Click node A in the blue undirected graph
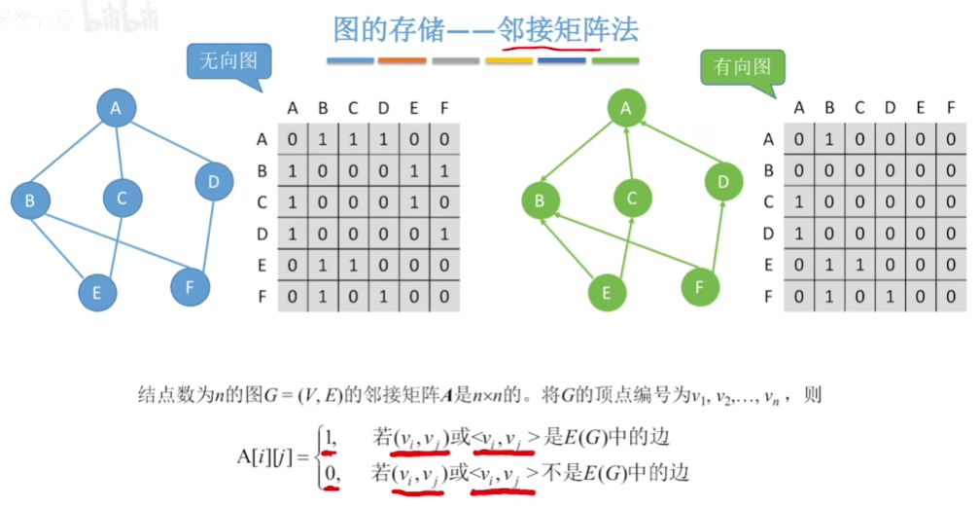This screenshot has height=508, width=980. [x=116, y=109]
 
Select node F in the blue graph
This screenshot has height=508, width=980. [x=190, y=286]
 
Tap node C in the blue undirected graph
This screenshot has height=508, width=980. [x=122, y=198]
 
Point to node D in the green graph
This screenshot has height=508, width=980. [x=723, y=181]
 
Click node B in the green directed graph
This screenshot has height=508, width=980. [x=536, y=201]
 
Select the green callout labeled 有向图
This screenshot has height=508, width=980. [x=742, y=67]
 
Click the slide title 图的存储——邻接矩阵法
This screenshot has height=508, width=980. [x=485, y=29]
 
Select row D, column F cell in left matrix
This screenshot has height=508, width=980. [x=444, y=234]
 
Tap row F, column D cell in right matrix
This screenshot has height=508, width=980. [x=890, y=296]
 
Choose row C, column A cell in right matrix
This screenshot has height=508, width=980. [x=799, y=202]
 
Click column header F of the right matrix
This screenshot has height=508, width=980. [x=951, y=108]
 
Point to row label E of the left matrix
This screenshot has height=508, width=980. [x=262, y=265]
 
